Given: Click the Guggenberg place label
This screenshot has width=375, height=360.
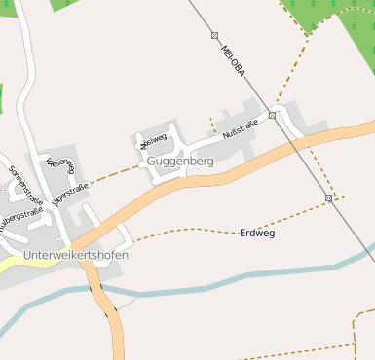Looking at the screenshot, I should coord(180,161).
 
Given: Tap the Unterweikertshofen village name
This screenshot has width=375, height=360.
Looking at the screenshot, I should coord(76,255).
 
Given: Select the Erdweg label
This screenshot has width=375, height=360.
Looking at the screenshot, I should coord(256,234).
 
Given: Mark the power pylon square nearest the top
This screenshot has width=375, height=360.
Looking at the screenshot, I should coord(214,35).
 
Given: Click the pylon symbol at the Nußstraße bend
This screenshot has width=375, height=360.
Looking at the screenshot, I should coord(273,116).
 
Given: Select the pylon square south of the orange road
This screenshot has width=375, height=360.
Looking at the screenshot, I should coord(329,198).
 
